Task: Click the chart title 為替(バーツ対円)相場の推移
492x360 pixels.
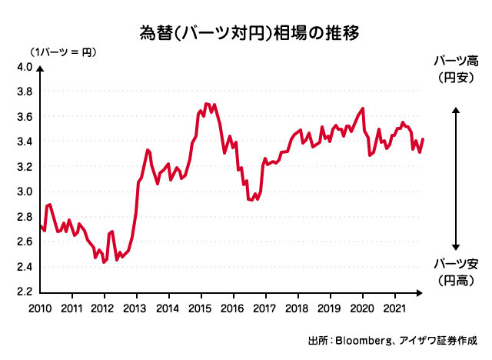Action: click(246, 33)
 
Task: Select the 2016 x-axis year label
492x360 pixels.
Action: click(233, 308)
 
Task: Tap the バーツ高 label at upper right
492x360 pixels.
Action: click(456, 61)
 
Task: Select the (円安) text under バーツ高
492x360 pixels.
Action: click(456, 77)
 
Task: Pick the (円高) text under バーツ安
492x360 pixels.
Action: click(456, 281)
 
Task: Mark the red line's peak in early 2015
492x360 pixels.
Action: click(205, 103)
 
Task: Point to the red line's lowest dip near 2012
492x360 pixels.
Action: click(103, 262)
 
